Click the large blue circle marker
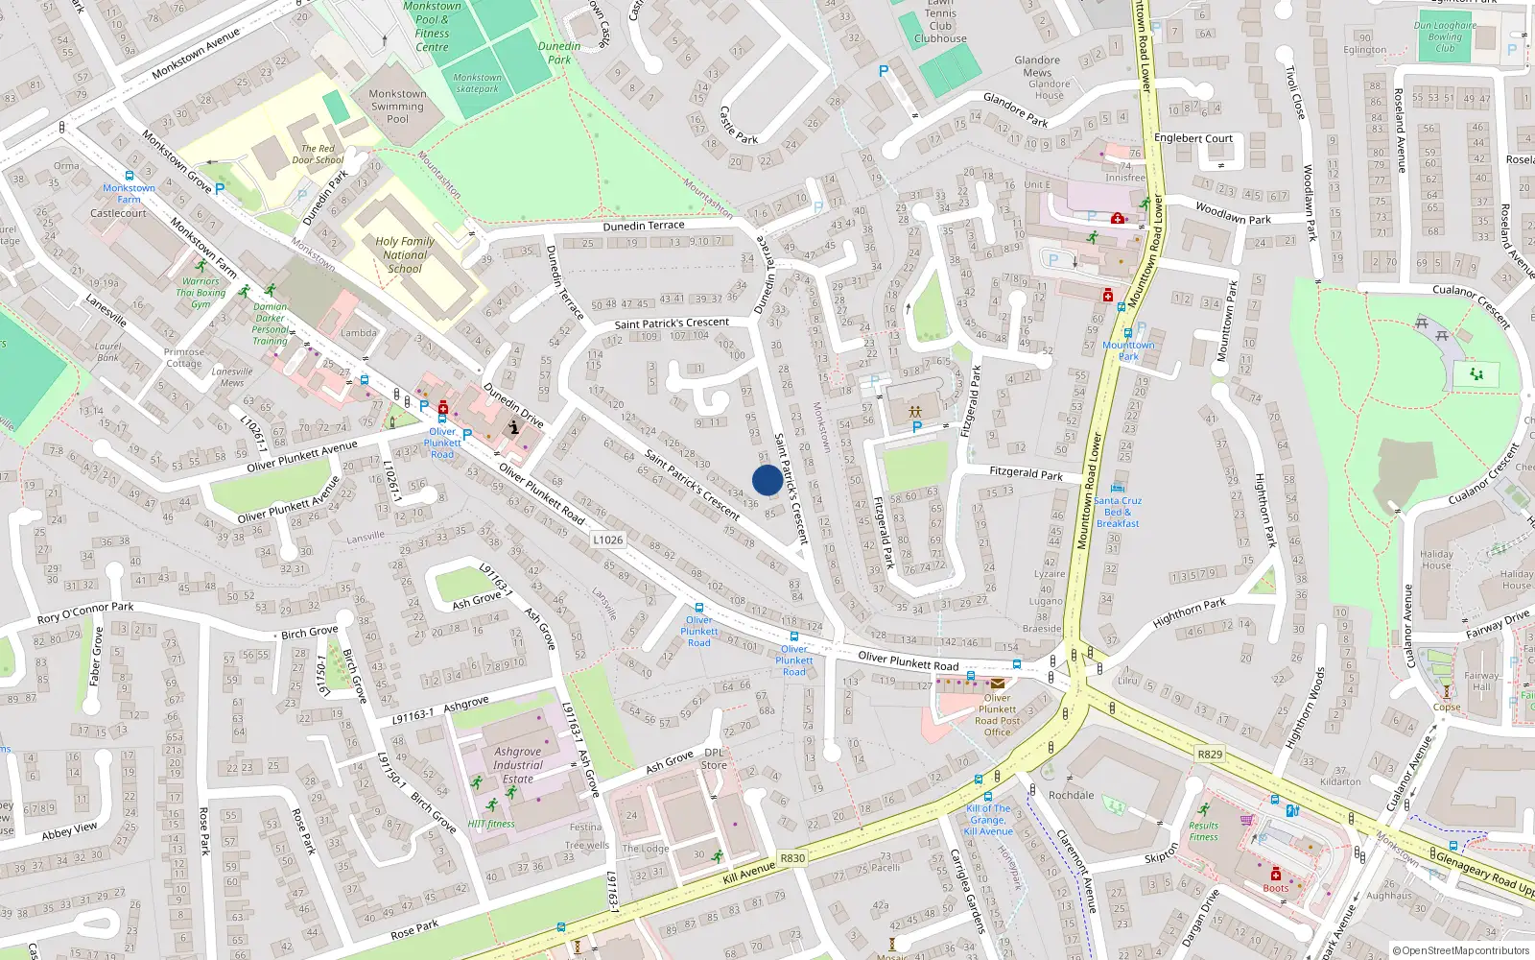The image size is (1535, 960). point(767,480)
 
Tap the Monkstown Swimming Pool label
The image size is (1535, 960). point(397,107)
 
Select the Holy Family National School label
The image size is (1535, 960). point(405,255)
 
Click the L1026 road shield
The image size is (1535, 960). point(607,540)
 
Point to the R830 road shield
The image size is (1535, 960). point(792,858)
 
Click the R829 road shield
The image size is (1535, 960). point(1210,754)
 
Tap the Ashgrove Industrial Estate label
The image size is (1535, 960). point(518,765)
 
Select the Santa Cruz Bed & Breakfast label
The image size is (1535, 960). point(1118,512)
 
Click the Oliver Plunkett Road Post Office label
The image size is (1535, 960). point(997,715)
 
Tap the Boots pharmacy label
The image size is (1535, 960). point(1276,888)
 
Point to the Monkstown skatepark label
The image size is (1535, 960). point(477,84)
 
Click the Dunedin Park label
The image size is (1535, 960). point(559,53)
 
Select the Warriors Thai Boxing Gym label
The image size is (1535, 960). point(201,293)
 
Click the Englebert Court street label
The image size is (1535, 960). point(1193,138)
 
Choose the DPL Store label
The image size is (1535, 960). point(714,758)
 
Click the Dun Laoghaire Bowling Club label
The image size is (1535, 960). point(1445,37)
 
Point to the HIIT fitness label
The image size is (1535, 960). point(491,824)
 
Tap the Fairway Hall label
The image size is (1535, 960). point(1481,681)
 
